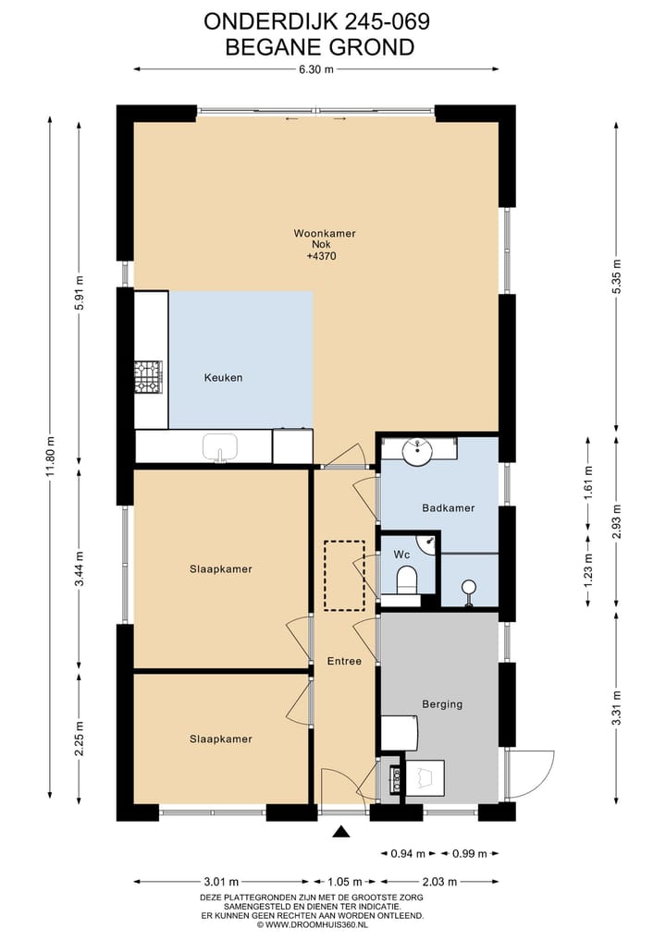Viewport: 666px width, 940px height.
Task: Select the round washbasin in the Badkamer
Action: click(x=417, y=451)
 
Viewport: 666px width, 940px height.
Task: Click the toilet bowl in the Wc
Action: click(x=406, y=580)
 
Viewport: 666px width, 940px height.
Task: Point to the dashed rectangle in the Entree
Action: click(x=344, y=576)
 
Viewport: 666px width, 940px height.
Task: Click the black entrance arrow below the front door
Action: click(x=340, y=831)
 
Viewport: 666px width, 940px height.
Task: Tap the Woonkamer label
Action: click(x=325, y=233)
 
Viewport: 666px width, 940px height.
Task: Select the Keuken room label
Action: click(x=223, y=378)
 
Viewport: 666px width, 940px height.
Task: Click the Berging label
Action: click(x=442, y=704)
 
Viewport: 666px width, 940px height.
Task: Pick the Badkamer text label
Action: click(x=449, y=507)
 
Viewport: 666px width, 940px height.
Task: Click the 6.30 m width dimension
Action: click(x=316, y=69)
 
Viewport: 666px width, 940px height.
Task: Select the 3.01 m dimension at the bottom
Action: click(x=221, y=881)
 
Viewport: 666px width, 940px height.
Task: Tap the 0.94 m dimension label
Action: click(x=408, y=853)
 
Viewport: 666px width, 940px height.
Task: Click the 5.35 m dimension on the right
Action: click(x=616, y=277)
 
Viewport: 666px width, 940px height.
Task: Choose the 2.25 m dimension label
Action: click(x=80, y=739)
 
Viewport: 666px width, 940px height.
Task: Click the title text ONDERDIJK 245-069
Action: click(x=316, y=21)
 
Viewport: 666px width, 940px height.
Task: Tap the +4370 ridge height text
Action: click(x=322, y=256)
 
